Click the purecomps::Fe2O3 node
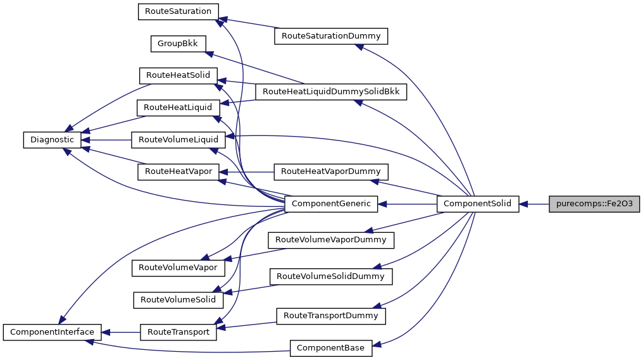click(594, 204)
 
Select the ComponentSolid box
click(478, 204)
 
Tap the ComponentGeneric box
click(332, 204)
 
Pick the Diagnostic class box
click(49, 140)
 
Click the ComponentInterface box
click(51, 332)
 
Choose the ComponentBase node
click(331, 347)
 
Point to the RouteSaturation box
click(178, 11)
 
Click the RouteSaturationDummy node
click(330, 36)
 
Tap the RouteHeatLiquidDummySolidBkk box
click(331, 92)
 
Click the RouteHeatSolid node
click(178, 75)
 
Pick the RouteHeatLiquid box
click(178, 108)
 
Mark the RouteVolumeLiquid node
click(178, 140)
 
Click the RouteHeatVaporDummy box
click(330, 171)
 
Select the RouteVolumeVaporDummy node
click(331, 240)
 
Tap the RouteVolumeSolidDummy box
click(330, 276)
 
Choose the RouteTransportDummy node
click(330, 315)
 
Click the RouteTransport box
click(178, 332)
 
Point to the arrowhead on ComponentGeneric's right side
click(384, 204)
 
